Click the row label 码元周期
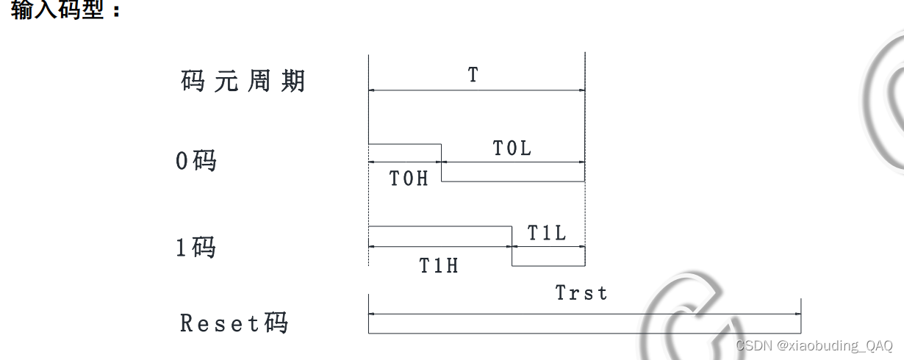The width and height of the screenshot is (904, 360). pyautogui.click(x=243, y=81)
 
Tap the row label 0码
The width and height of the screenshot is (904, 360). pyautogui.click(x=196, y=160)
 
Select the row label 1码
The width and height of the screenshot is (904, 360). pyautogui.click(x=195, y=248)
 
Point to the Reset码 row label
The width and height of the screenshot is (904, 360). pyautogui.click(x=234, y=323)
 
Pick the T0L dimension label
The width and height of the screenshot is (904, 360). pyautogui.click(x=512, y=148)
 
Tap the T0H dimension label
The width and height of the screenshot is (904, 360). pyautogui.click(x=409, y=179)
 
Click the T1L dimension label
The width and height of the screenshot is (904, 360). pyautogui.click(x=547, y=234)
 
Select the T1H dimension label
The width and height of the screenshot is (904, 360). pyautogui.click(x=439, y=265)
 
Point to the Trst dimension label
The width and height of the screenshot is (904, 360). pyautogui.click(x=581, y=293)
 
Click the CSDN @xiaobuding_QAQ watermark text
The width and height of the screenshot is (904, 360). pyautogui.click(x=814, y=345)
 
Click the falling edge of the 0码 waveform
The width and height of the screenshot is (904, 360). pyautogui.click(x=442, y=163)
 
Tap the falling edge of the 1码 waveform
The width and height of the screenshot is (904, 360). pyautogui.click(x=512, y=247)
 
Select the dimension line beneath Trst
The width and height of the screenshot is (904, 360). pyautogui.click(x=584, y=314)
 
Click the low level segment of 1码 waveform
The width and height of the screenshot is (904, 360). pyautogui.click(x=548, y=266)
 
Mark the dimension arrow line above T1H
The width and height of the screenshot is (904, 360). pyautogui.click(x=440, y=247)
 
